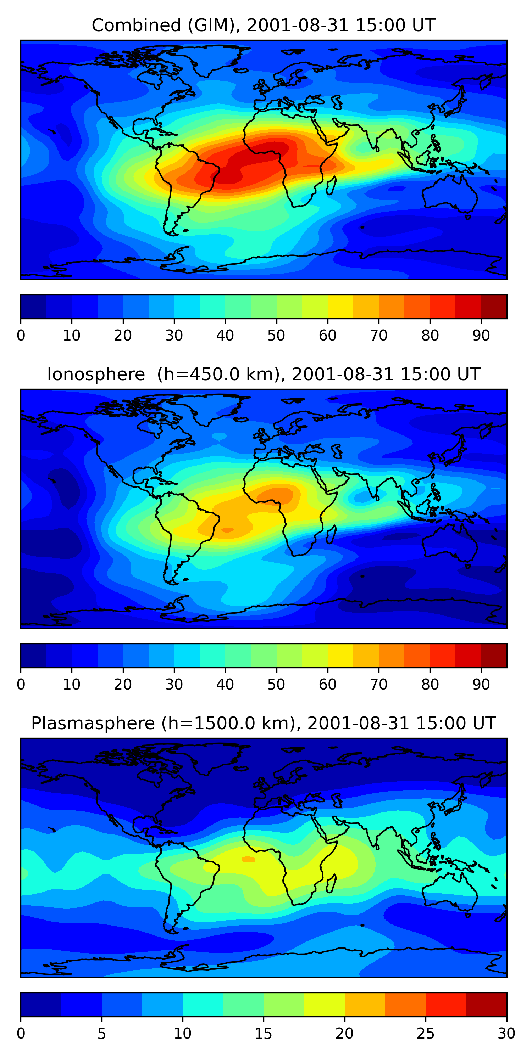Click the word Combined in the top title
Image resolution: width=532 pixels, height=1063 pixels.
point(136,25)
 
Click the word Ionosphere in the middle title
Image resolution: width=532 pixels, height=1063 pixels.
point(96,374)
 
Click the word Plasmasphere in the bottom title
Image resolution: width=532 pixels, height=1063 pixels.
point(93,724)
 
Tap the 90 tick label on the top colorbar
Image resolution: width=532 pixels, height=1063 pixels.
point(481,336)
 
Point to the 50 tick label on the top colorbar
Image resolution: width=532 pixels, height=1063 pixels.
point(276,336)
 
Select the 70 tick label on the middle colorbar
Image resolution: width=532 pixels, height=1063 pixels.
point(378,685)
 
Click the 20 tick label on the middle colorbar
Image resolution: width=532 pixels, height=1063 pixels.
point(123,685)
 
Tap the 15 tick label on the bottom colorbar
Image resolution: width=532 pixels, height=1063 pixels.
point(263,1034)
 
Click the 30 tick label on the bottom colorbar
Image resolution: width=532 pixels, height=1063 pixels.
point(506,1034)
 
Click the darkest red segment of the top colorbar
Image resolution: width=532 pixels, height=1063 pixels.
point(494,306)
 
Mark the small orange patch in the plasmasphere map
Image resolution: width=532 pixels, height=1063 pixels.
point(249,859)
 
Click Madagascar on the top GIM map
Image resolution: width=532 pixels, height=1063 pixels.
point(331,185)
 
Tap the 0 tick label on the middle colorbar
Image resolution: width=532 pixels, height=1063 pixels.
point(21,685)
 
